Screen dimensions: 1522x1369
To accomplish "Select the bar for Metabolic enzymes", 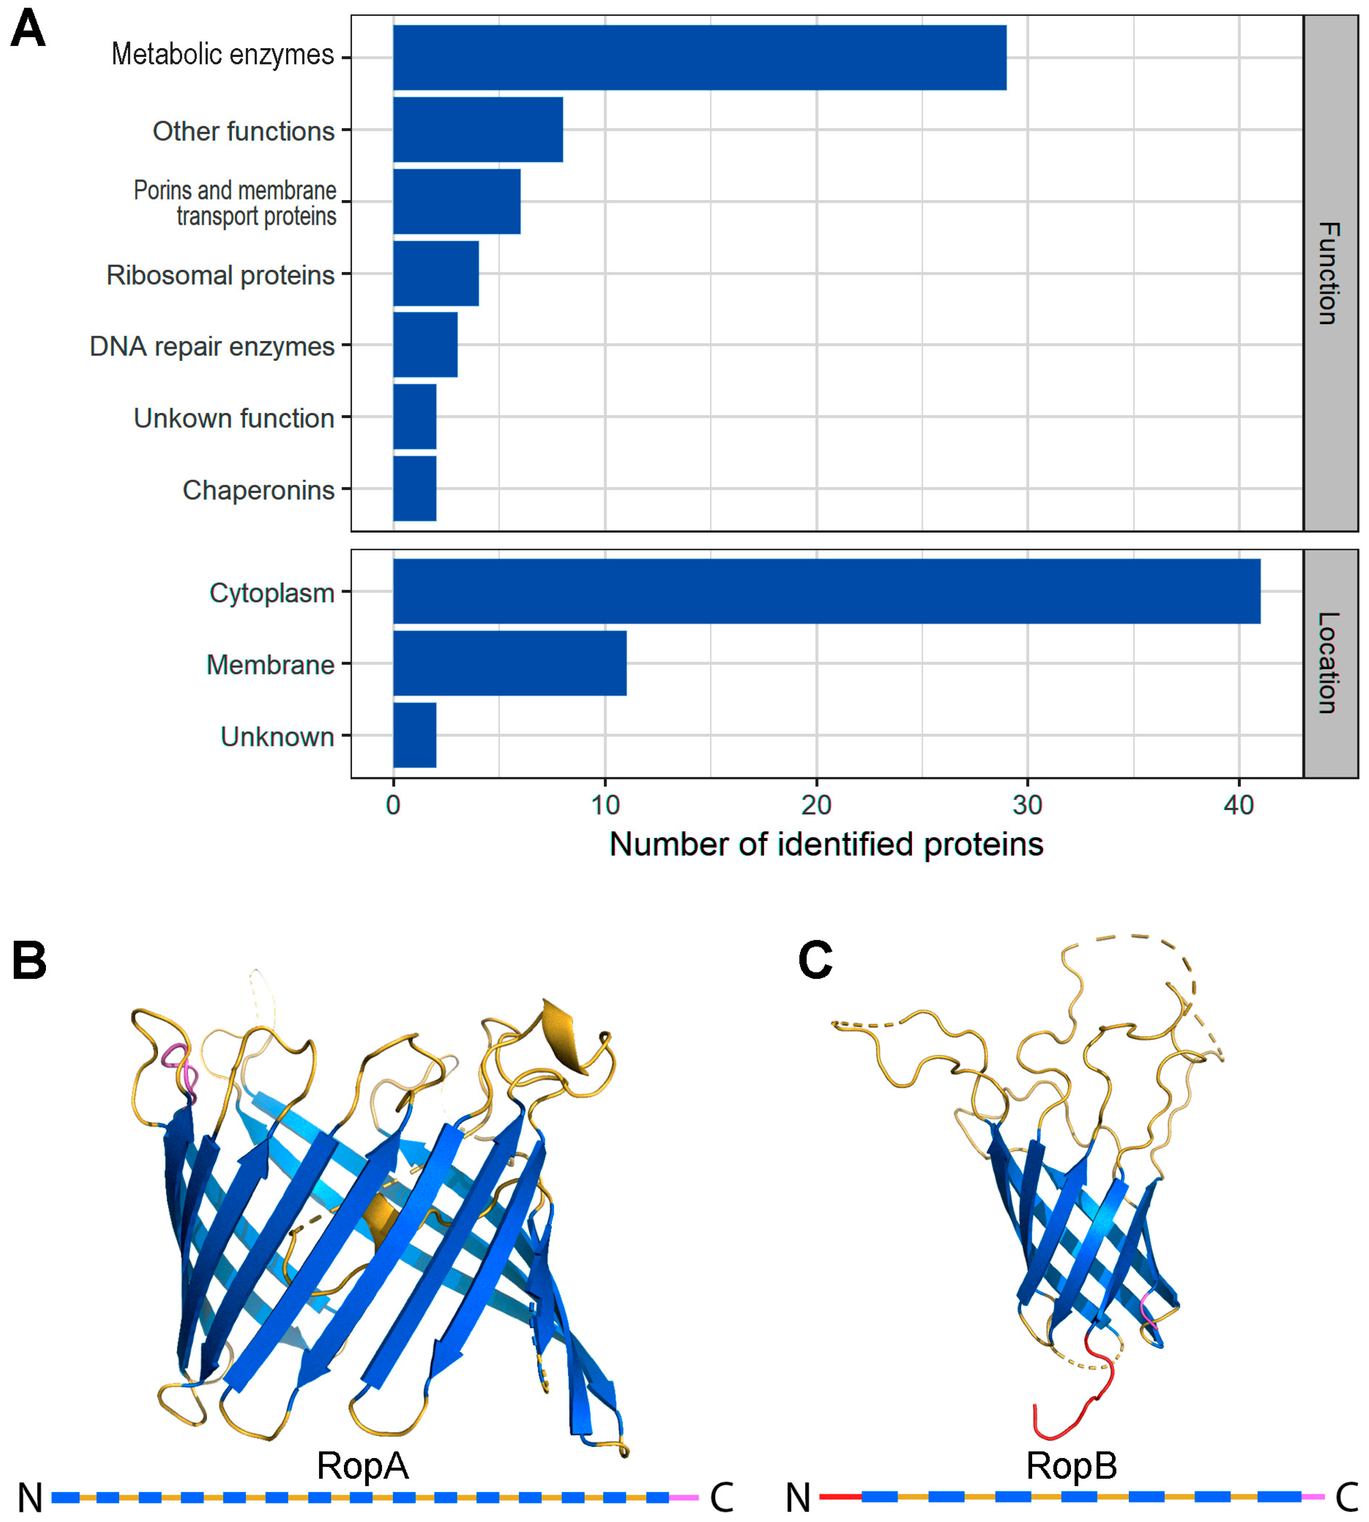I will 700,58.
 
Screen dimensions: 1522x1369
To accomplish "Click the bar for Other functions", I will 478,129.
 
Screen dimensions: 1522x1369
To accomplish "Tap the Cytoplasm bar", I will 826,591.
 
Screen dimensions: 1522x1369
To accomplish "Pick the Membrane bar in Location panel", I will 509,663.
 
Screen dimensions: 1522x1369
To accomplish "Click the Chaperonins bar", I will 415,488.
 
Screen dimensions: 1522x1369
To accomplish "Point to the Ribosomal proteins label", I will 220,275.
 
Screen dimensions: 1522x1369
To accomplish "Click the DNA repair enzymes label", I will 211,347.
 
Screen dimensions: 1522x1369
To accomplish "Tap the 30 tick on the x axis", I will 1027,806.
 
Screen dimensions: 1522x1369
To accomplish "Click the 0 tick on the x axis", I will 392,806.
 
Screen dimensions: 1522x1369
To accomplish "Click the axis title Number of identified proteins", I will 826,844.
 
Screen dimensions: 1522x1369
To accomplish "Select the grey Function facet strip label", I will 1329,273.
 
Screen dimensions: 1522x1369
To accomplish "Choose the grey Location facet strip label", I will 1329,663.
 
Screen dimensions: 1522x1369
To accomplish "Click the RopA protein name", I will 362,1465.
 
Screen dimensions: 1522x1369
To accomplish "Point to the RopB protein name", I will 1071,1465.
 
